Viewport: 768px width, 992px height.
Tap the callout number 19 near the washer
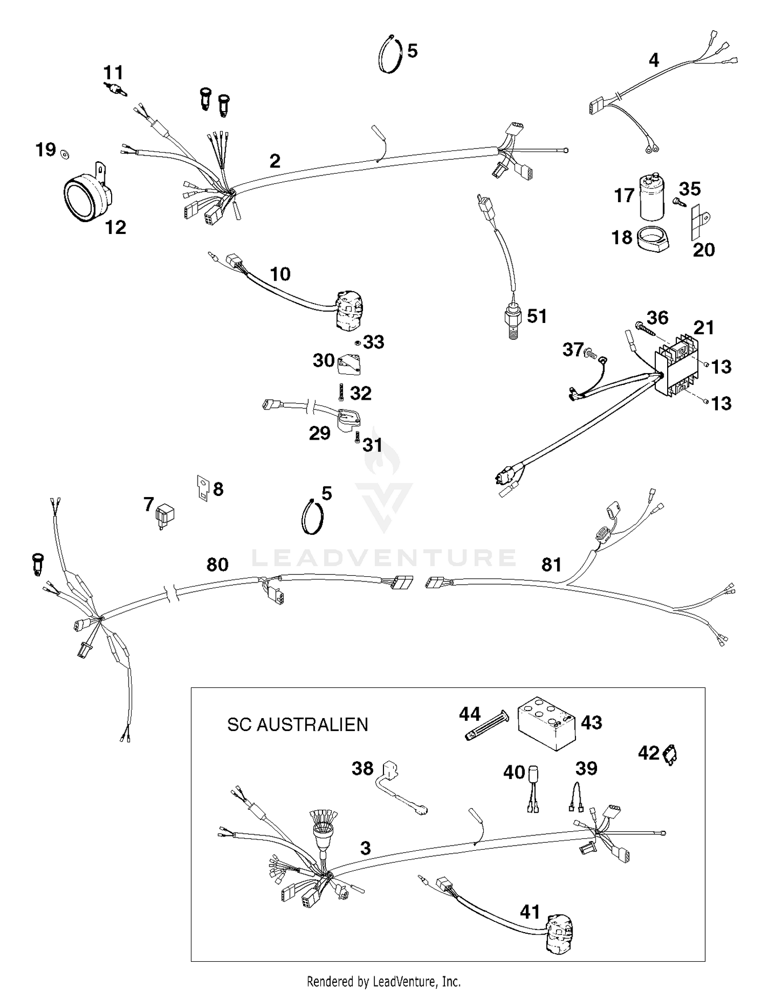pos(46,150)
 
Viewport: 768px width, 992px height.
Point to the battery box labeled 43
pos(547,724)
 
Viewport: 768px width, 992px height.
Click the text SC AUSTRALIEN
pos(297,725)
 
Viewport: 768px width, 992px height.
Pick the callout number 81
pos(551,565)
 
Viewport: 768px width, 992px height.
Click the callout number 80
pos(217,565)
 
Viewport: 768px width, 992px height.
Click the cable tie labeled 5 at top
pos(390,54)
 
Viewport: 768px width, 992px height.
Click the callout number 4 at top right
pos(653,60)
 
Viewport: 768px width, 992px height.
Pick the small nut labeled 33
pos(357,342)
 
